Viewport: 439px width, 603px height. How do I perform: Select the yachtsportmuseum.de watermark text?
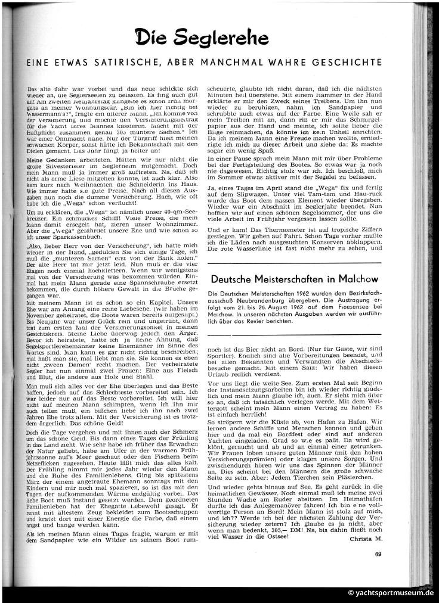pos(394,593)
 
